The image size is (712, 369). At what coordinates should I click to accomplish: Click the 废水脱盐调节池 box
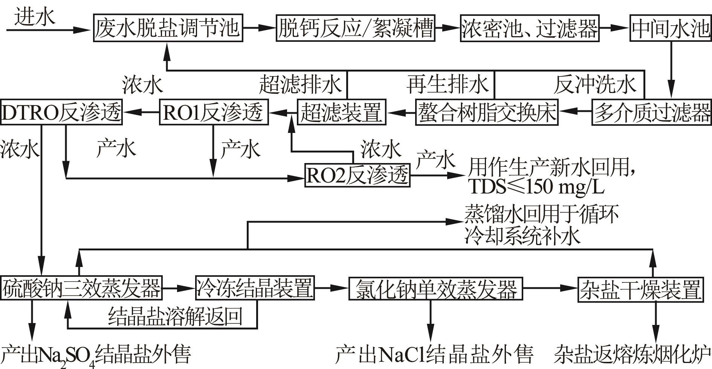click(x=168, y=28)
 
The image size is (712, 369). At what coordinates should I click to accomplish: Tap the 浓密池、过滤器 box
click(x=530, y=28)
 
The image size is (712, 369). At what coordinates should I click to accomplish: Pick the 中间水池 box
click(x=671, y=28)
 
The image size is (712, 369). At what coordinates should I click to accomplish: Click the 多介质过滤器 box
click(x=651, y=112)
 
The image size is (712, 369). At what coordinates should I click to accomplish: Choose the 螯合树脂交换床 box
click(x=487, y=112)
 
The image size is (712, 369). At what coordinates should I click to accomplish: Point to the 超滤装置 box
click(x=341, y=112)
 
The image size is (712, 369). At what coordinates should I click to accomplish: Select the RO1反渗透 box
click(x=214, y=112)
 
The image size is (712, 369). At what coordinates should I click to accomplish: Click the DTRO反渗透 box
click(x=61, y=112)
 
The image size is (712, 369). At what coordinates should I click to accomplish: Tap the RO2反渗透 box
click(x=357, y=175)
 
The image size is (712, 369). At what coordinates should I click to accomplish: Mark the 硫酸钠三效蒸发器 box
click(x=81, y=288)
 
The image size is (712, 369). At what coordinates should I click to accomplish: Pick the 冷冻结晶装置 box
click(x=255, y=288)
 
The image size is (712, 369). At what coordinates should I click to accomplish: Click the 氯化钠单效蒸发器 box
click(x=436, y=289)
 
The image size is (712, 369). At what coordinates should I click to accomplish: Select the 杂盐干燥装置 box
click(x=640, y=289)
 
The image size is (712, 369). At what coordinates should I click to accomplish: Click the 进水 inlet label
click(x=35, y=17)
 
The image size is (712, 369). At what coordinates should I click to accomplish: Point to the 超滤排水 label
click(x=300, y=84)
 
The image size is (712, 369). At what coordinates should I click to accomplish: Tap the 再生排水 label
click(x=448, y=84)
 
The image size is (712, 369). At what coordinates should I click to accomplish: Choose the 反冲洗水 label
click(x=595, y=84)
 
